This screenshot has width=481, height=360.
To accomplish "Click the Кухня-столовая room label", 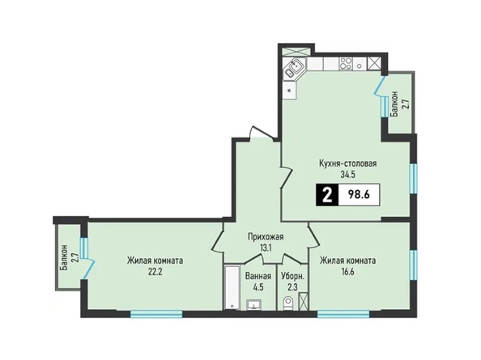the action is click(348, 163).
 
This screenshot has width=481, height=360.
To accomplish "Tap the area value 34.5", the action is click(348, 174).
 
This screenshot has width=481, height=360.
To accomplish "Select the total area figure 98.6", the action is click(359, 194).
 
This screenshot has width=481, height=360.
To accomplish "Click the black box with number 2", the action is click(327, 194).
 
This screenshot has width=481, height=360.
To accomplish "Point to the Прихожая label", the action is click(266, 237).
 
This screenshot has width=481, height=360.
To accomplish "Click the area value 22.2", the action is click(155, 272).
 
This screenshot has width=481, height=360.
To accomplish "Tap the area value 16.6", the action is click(347, 272).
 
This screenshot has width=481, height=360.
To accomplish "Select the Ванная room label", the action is click(258, 277).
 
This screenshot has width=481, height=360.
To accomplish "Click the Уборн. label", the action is click(293, 277).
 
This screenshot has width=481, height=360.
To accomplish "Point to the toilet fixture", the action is click(287, 303).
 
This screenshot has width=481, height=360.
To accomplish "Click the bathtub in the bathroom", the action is click(232, 288).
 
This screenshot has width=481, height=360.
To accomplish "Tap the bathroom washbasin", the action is click(253, 305).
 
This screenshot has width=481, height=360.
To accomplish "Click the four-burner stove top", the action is click(346, 64).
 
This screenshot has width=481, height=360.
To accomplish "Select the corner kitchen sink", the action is click(295, 70).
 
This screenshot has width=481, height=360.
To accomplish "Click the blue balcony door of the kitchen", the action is click(379, 86).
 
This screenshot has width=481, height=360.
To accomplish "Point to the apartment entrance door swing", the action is click(262, 133).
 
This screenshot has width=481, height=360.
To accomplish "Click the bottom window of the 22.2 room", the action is click(156, 314).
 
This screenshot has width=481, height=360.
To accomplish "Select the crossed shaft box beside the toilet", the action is click(304, 301).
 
